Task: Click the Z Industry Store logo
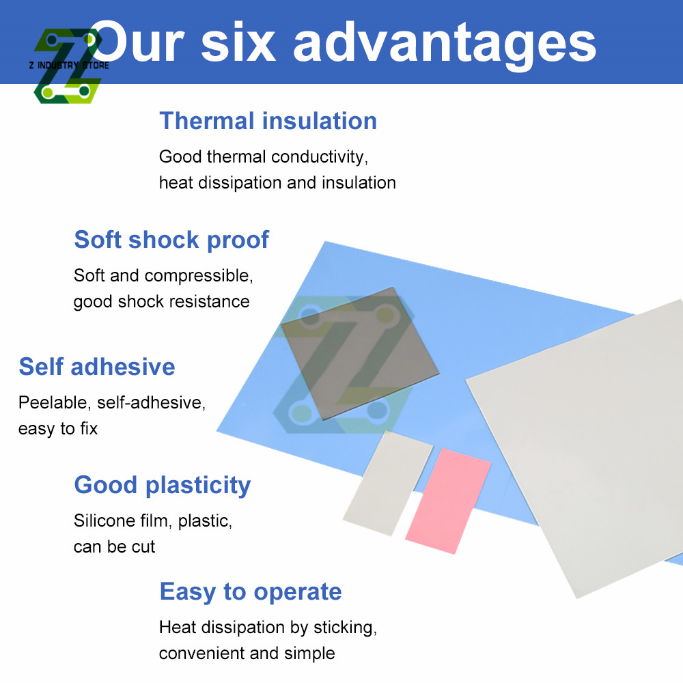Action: pos(67,66)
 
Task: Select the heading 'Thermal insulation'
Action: pos(268,121)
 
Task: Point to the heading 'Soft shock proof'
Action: pos(171,240)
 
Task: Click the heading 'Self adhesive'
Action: pos(97,367)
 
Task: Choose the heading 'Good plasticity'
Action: pos(163,485)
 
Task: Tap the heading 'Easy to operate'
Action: pos(251,591)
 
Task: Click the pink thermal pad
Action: pos(449,501)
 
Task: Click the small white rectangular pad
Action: pos(387,482)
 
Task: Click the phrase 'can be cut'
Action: pos(115,547)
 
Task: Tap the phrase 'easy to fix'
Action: pos(58,429)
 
